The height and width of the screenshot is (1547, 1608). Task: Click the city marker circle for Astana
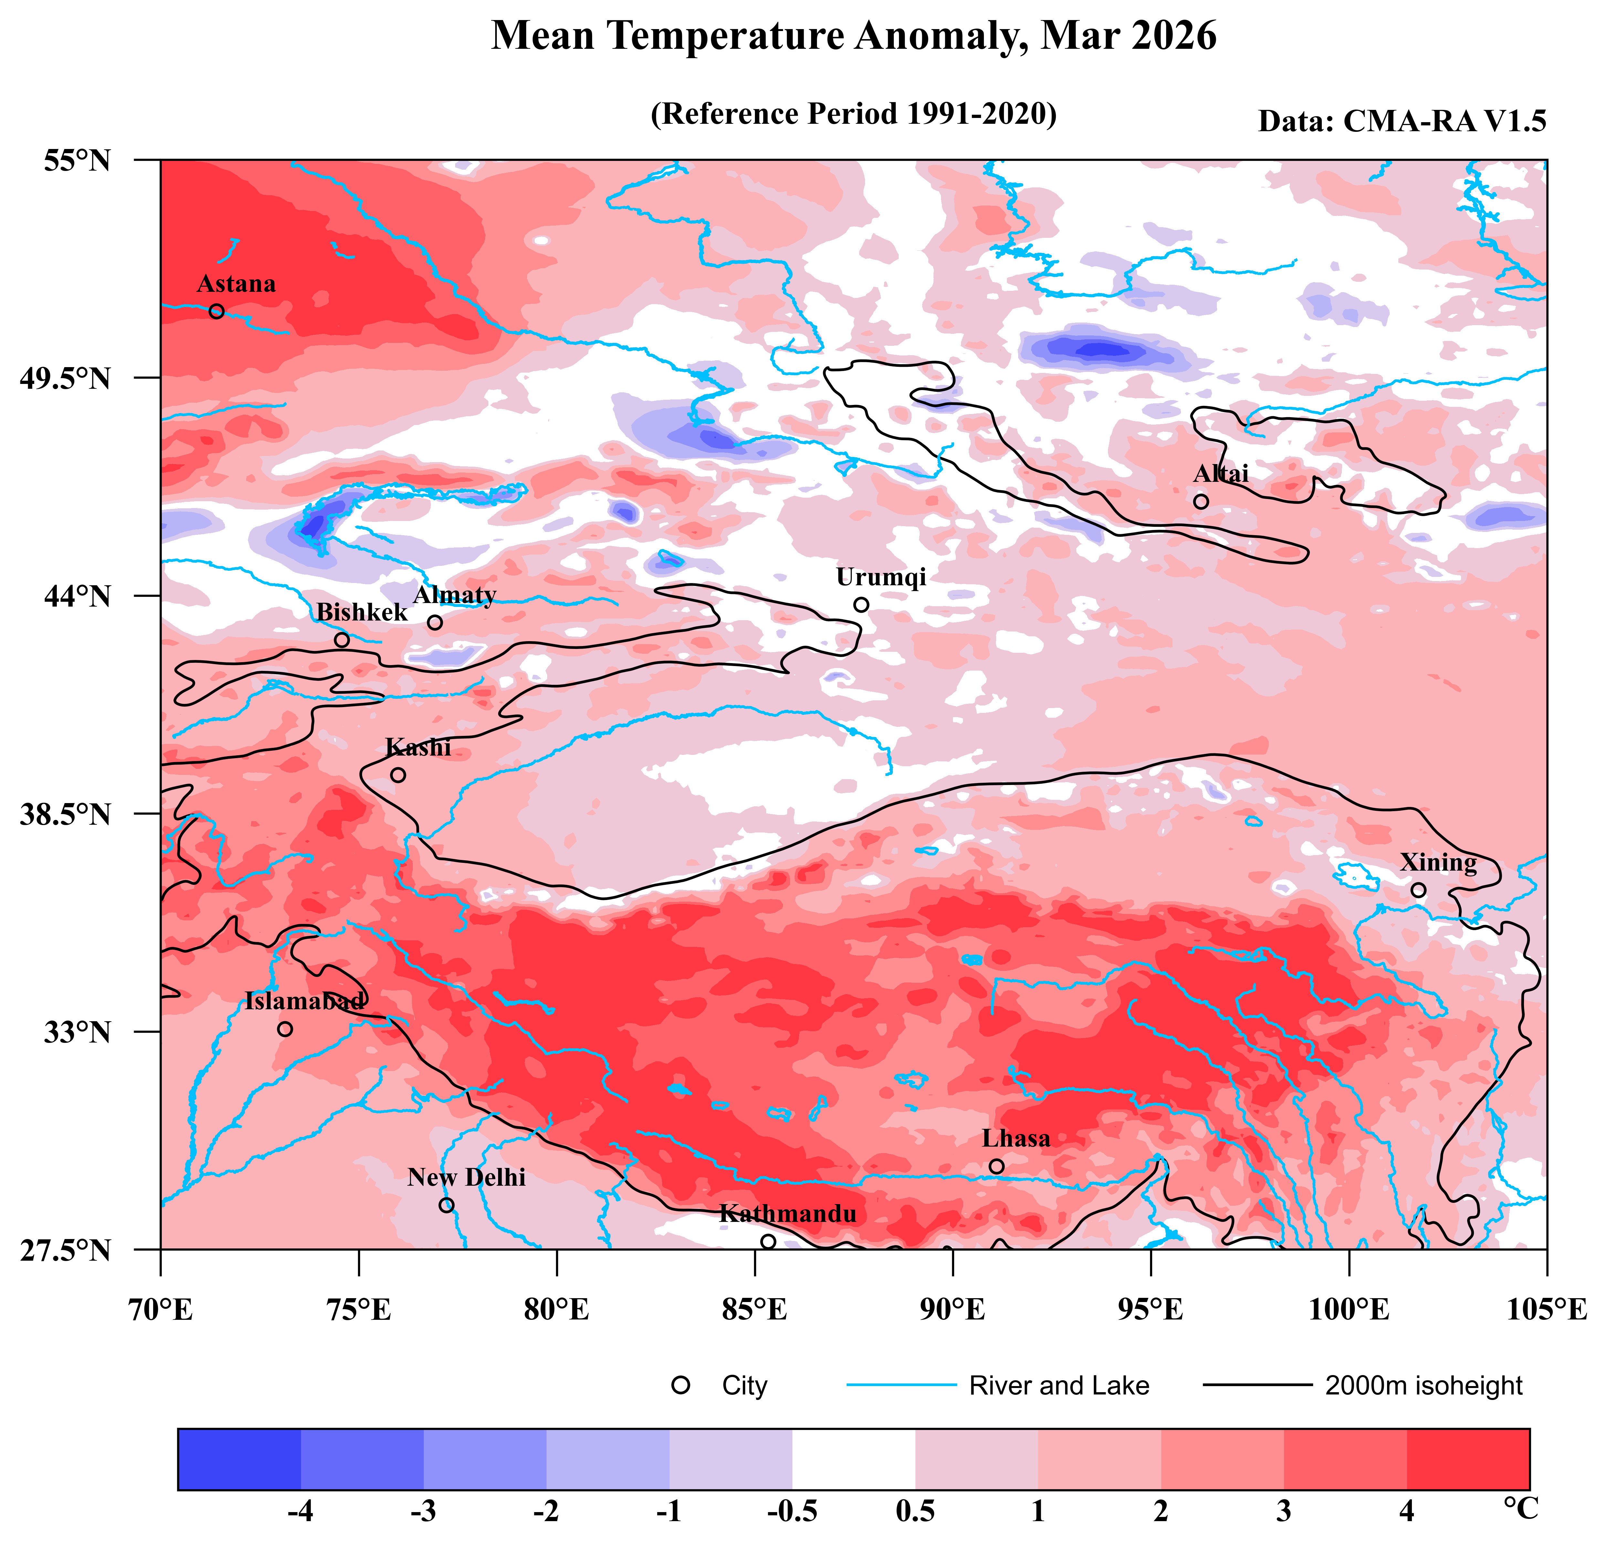(x=217, y=311)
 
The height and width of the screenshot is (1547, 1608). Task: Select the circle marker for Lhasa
(x=996, y=1166)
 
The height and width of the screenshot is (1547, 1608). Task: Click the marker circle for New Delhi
(x=446, y=1205)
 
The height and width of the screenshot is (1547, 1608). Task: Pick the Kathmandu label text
(x=788, y=1214)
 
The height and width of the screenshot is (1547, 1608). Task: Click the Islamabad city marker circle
(x=285, y=1029)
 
